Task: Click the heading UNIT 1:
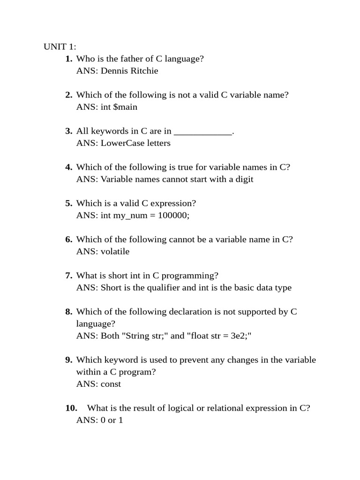(60, 46)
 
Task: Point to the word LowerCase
(120, 143)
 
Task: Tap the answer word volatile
(115, 251)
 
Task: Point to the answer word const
(111, 384)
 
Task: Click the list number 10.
(71, 408)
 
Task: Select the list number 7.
(68, 275)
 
